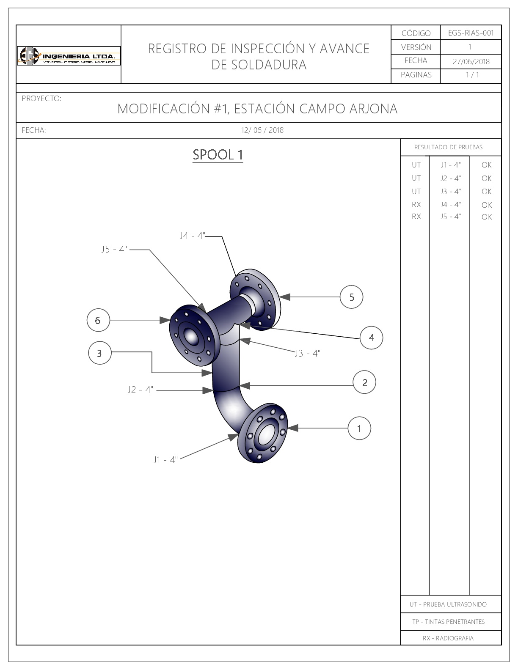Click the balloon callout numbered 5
pos(352,297)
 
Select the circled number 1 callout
pos(359,428)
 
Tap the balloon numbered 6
pos(98,320)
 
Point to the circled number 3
pos(99,353)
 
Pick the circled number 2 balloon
pos(365,383)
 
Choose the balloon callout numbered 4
pos(371,338)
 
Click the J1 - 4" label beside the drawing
pos(165,459)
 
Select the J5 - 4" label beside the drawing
pos(114,249)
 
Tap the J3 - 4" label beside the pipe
pos(308,353)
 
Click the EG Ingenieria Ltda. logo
pos(69,56)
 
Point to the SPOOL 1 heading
pos(218,155)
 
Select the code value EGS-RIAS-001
pos(471,33)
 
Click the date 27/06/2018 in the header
pos(471,61)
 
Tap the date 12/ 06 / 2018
pos(262,130)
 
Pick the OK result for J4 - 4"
pos(487,205)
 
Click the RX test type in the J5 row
pos(416,217)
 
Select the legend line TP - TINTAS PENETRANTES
pos(448,622)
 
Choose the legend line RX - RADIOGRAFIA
pos(448,638)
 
